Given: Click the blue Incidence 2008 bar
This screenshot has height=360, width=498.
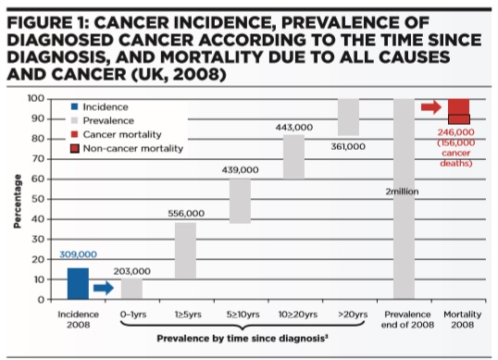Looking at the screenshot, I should pyautogui.click(x=79, y=283).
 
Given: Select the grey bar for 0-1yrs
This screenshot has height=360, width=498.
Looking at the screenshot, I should pyautogui.click(x=131, y=289).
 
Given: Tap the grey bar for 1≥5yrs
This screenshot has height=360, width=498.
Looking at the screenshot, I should pyautogui.click(x=185, y=250).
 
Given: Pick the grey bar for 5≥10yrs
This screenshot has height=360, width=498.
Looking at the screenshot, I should pyautogui.click(x=240, y=201).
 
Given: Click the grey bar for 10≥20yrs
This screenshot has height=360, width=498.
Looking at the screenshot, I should pyautogui.click(x=293, y=156).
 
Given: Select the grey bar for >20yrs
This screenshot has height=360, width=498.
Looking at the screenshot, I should pyautogui.click(x=347, y=117).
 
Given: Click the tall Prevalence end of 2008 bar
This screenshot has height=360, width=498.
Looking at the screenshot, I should pyautogui.click(x=404, y=198).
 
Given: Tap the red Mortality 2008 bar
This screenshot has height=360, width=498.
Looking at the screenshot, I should pyautogui.click(x=458, y=111).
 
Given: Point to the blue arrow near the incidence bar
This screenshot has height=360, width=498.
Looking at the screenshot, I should pyautogui.click(x=105, y=288).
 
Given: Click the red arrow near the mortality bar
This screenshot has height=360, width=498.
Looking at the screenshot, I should pyautogui.click(x=430, y=108).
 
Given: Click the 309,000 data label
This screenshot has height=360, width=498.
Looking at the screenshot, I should pyautogui.click(x=78, y=254).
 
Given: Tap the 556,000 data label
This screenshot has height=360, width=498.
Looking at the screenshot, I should pyautogui.click(x=186, y=214).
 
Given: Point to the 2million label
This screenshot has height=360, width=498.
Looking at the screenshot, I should pyautogui.click(x=403, y=191).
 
